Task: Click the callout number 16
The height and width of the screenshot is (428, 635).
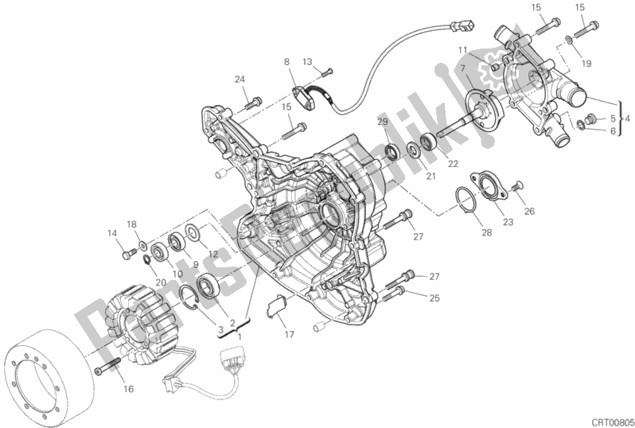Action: [x=128, y=389]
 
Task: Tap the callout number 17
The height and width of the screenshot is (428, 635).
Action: [x=289, y=334]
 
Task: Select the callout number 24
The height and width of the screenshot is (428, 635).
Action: [x=240, y=80]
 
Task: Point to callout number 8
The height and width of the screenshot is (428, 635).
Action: [x=286, y=62]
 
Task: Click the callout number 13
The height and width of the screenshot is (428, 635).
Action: [x=307, y=62]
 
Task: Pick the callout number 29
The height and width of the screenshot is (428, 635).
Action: [x=383, y=122]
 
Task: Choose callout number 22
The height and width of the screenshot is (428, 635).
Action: [x=453, y=163]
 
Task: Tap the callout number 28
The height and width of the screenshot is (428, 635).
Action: [x=486, y=232]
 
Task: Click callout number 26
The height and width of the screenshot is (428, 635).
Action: [x=529, y=211]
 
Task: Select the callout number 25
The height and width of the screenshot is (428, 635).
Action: [x=434, y=298]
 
